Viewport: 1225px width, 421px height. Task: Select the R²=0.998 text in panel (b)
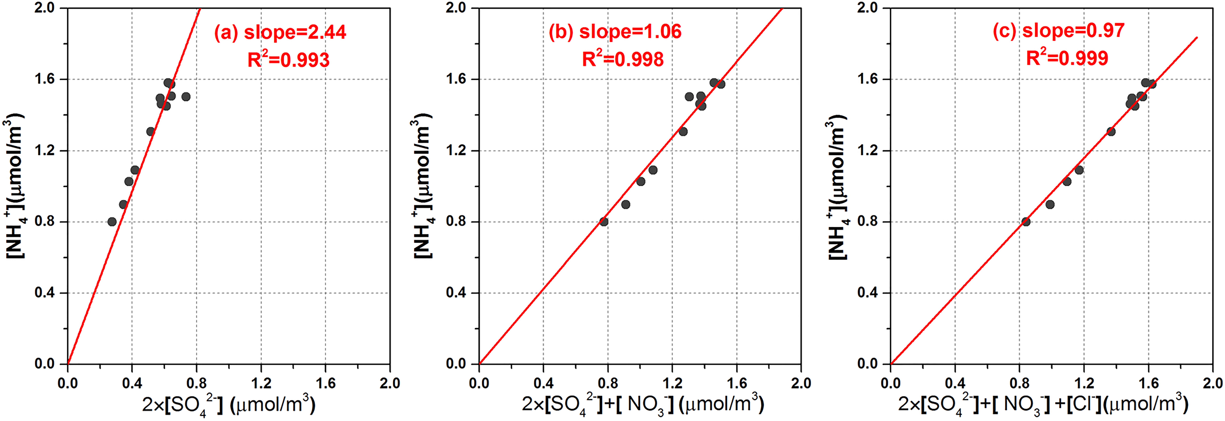pyautogui.click(x=623, y=59)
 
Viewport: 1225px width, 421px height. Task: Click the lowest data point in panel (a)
pyautogui.click(x=112, y=222)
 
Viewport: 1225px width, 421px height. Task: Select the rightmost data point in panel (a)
pyautogui.click(x=186, y=97)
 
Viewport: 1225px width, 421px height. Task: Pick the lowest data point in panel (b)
pyautogui.click(x=604, y=222)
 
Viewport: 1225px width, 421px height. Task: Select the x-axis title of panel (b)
pyautogui.click(x=643, y=405)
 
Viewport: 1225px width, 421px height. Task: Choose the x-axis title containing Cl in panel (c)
pyautogui.click(x=1043, y=405)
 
